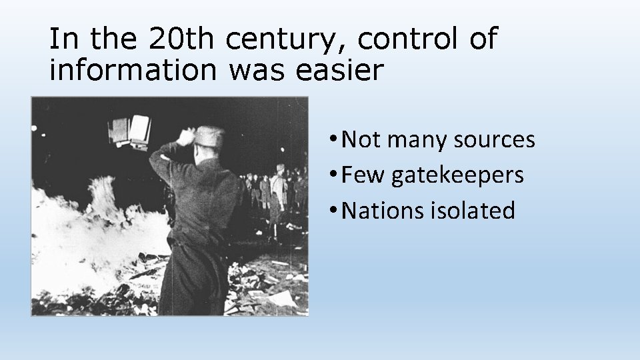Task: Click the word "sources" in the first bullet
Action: (x=493, y=140)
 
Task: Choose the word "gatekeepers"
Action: (x=457, y=175)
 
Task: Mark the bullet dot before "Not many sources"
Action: (x=332, y=140)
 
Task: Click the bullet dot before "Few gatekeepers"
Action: (x=332, y=175)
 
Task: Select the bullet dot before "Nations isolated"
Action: (x=332, y=211)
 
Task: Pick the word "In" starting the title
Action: (x=63, y=40)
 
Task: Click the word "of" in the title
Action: (x=483, y=40)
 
